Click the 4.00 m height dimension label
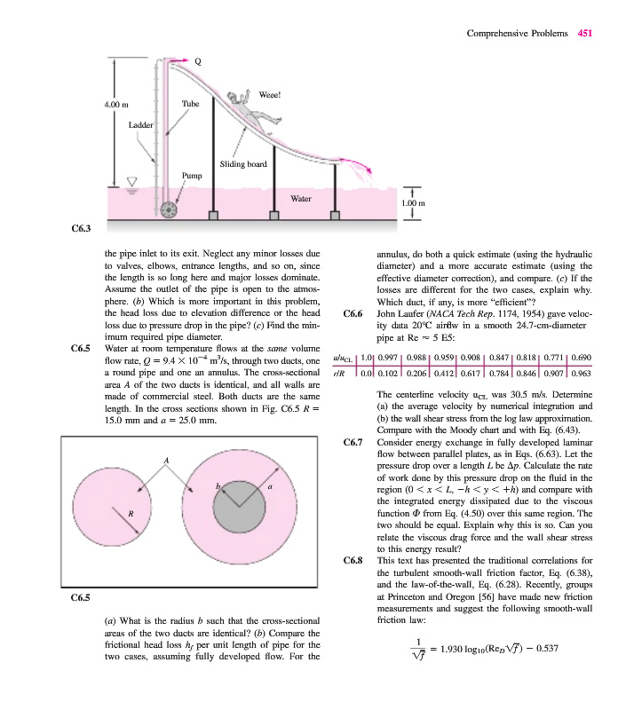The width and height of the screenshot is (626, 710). pos(117,105)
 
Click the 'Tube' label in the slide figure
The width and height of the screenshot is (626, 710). pos(190,104)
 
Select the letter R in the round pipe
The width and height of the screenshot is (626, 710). pos(131,513)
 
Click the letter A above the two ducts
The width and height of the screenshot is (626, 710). pos(165,459)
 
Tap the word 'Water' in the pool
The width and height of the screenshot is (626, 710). pos(300,199)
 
